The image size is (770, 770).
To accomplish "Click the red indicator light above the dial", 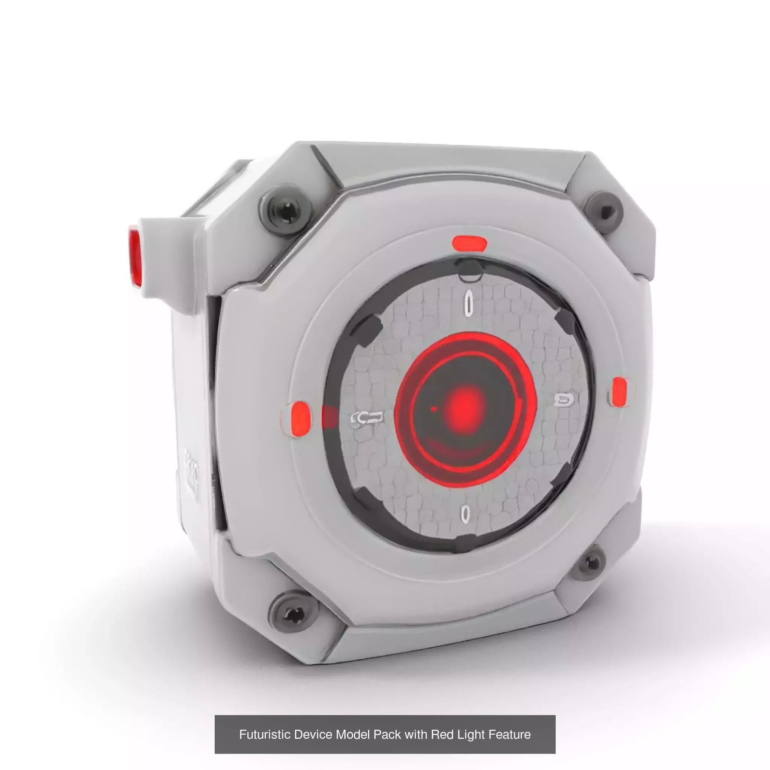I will pyautogui.click(x=469, y=243).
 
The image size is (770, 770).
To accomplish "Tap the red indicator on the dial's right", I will pyautogui.click(x=619, y=392).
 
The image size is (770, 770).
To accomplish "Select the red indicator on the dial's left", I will pyautogui.click(x=300, y=418).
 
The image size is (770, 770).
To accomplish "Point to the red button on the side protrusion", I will pyautogui.click(x=135, y=256).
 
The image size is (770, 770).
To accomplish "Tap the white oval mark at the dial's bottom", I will pyautogui.click(x=465, y=514).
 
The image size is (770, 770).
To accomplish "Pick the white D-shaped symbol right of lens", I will pyautogui.click(x=563, y=400).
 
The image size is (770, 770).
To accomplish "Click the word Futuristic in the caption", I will pyautogui.click(x=265, y=735).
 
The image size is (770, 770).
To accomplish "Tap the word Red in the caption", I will pyautogui.click(x=443, y=735).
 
